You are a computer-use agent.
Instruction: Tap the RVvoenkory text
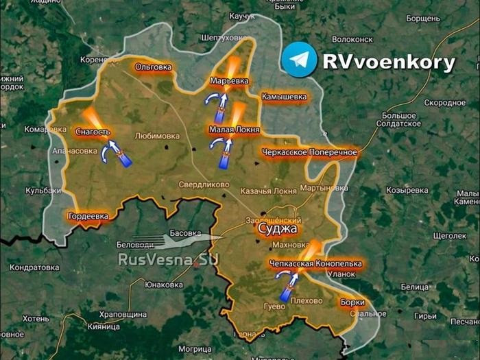pyautogui.click(x=389, y=63)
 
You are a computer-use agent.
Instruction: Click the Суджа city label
pyautogui.click(x=272, y=230)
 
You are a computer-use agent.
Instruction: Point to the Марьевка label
pyautogui.click(x=229, y=81)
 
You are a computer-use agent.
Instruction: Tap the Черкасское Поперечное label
pyautogui.click(x=309, y=152)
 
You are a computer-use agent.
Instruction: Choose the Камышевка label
pyautogui.click(x=283, y=97)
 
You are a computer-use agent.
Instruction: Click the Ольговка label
pyautogui.click(x=153, y=67)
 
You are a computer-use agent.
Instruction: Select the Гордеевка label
pyautogui.click(x=88, y=217)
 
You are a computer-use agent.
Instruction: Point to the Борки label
pyautogui.click(x=352, y=302)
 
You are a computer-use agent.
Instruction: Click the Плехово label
pyautogui.click(x=306, y=301)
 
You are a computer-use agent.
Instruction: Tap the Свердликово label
pyautogui.click(x=204, y=184)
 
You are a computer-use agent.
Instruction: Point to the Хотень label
pyautogui.click(x=36, y=319)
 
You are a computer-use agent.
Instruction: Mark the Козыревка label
pyautogui.click(x=407, y=190)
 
